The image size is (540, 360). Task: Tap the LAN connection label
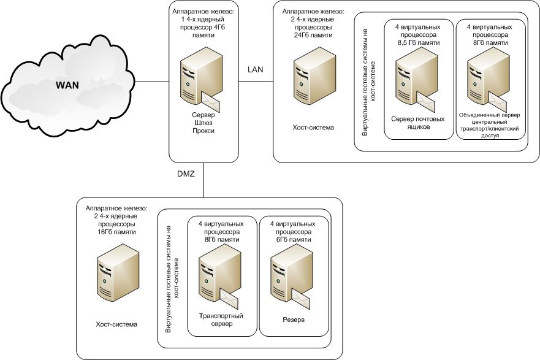[255, 69]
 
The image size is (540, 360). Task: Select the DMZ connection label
[185, 174]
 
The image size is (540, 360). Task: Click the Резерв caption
[293, 320]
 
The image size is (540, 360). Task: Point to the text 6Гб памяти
[293, 240]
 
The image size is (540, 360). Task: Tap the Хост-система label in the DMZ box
[116, 324]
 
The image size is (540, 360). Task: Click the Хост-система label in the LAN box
[313, 128]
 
